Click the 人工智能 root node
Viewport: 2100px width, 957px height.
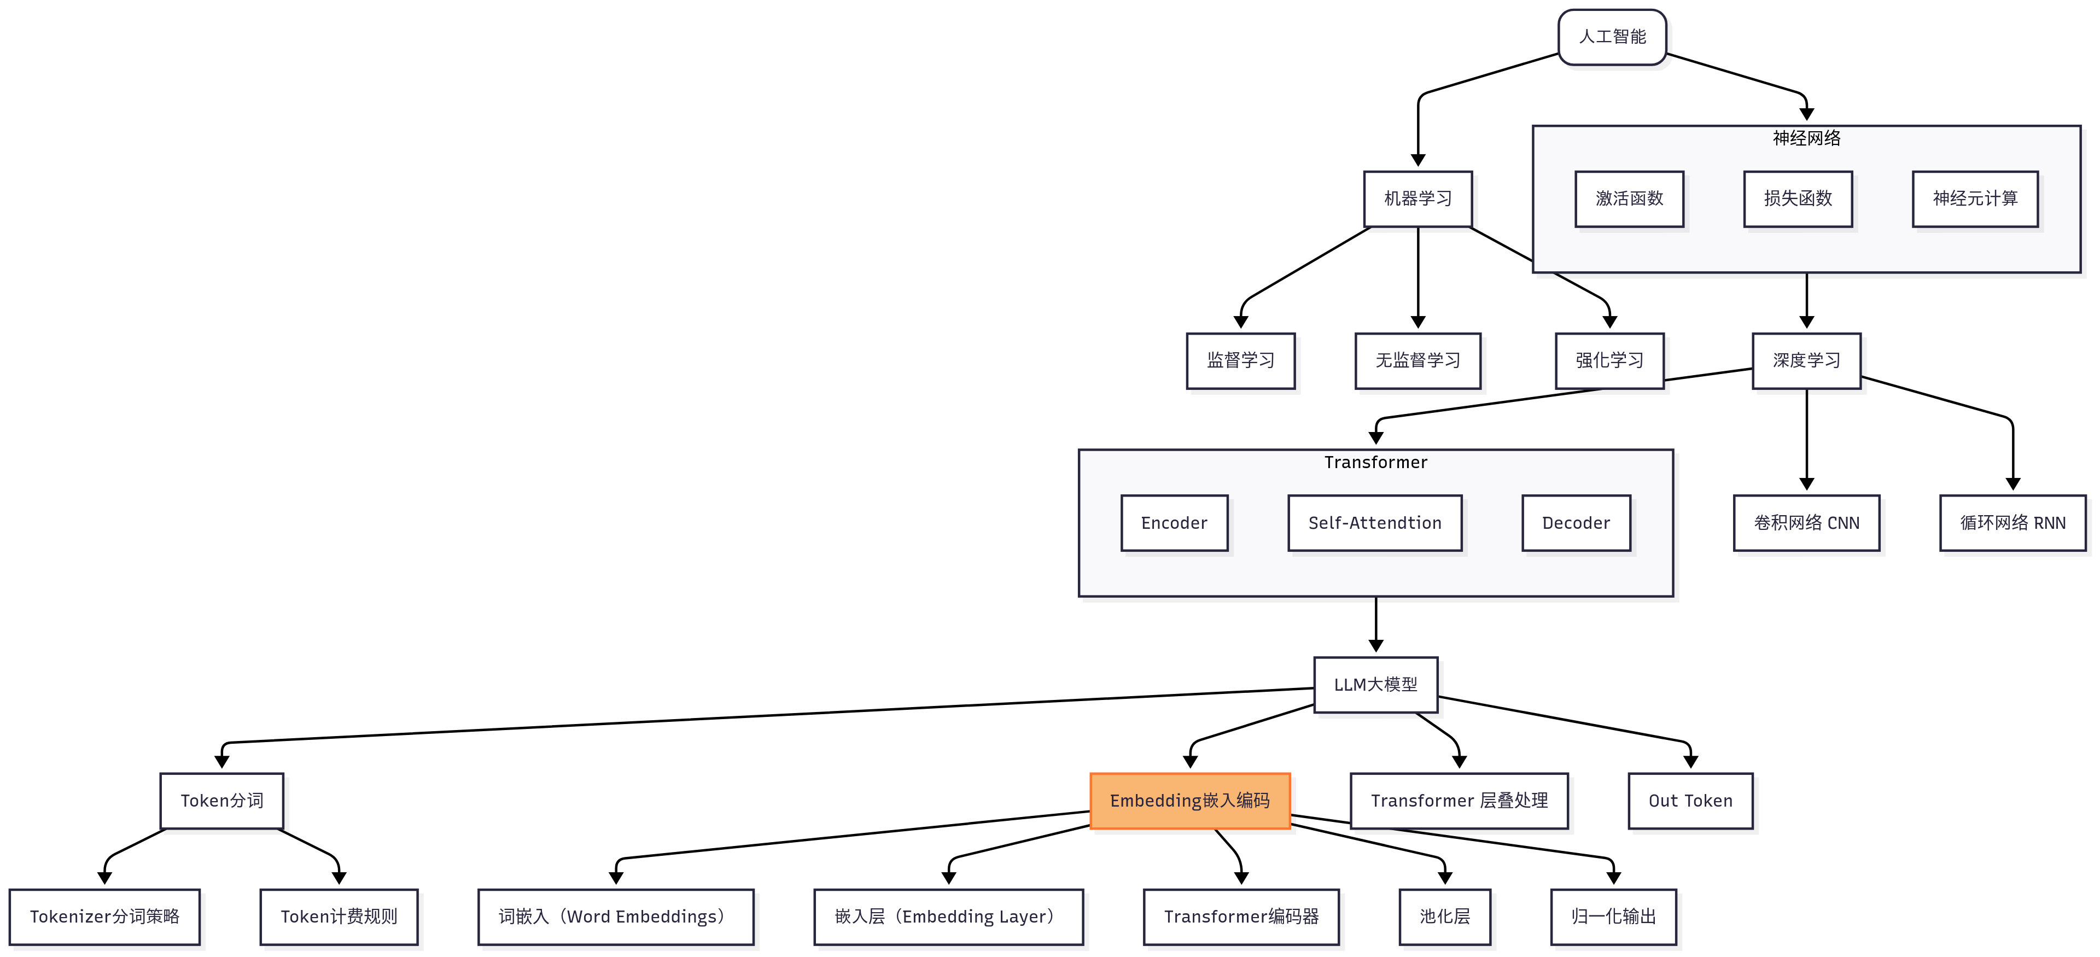1612,37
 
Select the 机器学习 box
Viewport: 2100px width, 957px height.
1417,198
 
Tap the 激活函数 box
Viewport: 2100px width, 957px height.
1629,198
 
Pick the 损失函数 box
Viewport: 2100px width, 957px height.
1798,198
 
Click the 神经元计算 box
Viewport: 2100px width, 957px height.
1974,198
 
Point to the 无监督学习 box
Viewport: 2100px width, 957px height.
1417,360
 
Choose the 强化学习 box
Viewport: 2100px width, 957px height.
1609,360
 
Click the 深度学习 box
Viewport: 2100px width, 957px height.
1806,360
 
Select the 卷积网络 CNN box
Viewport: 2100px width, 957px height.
1806,522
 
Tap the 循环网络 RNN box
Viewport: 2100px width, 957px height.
2012,522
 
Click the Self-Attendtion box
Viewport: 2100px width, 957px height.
1374,522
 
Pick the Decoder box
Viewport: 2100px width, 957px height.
1576,522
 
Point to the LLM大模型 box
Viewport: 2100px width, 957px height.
1375,685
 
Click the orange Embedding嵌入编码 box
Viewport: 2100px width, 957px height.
1189,801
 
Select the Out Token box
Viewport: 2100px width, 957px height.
1690,801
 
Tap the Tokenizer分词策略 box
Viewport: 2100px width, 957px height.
104,916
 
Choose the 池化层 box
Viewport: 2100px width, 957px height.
1444,916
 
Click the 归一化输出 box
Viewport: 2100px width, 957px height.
1613,916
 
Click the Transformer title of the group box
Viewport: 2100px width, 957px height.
1375,462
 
